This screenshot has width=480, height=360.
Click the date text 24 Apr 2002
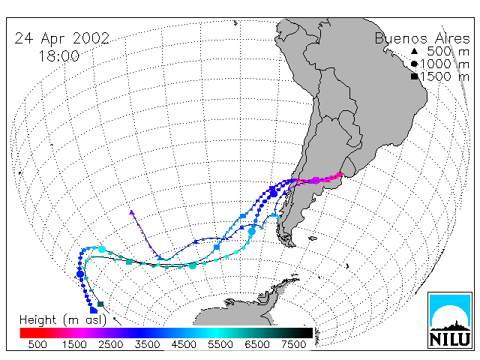62,39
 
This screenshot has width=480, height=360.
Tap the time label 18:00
59,56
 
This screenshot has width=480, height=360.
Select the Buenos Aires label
422,38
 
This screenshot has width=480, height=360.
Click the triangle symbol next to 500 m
414,51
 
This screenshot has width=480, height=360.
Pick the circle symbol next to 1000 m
414,64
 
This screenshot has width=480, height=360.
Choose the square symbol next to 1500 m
415,76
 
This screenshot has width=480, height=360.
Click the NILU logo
450,320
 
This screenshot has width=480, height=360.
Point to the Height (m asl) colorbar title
63,320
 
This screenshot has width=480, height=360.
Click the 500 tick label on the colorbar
37,344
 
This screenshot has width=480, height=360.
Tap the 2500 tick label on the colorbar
111,344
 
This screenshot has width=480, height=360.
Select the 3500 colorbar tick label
147,344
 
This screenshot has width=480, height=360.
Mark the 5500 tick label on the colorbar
220,344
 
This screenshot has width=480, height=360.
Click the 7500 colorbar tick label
293,344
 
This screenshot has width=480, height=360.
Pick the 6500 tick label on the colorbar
257,344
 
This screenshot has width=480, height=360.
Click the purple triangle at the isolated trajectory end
132,212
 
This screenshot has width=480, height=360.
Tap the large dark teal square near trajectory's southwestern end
100,304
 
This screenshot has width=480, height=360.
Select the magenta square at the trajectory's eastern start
340,175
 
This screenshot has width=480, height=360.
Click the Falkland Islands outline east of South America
313,238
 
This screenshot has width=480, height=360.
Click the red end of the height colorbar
23,333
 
